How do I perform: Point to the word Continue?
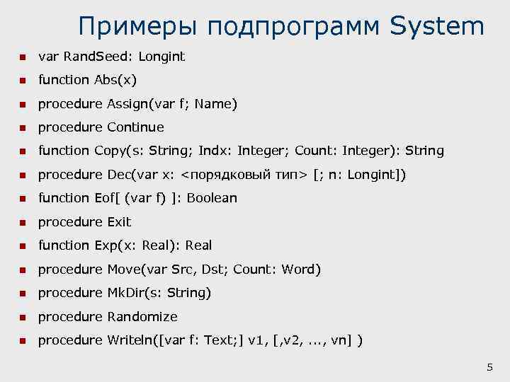click(x=135, y=127)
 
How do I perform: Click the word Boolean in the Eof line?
click(x=212, y=198)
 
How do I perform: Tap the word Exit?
click(x=119, y=222)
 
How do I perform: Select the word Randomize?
click(x=142, y=317)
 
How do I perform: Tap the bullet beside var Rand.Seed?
click(x=22, y=57)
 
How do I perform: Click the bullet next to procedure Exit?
click(x=22, y=223)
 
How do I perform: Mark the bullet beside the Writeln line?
click(x=22, y=341)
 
